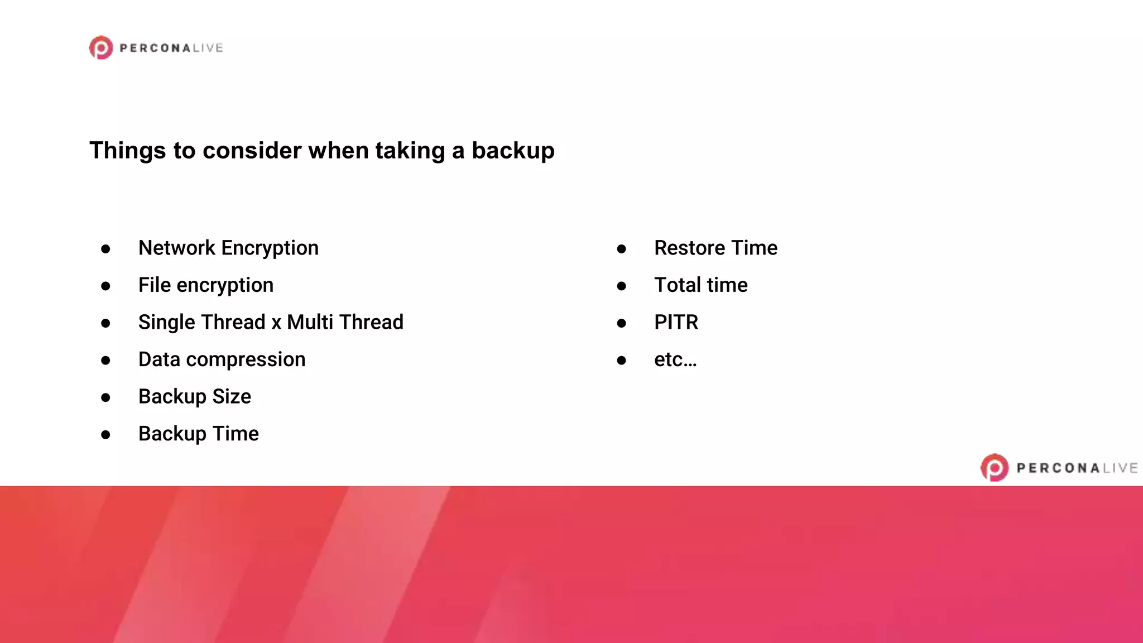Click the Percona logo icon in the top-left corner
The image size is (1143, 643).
101,48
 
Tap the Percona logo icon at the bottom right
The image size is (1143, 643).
995,468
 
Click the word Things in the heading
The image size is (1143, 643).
128,151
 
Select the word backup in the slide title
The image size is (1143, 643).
513,151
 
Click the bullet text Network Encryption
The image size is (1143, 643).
228,248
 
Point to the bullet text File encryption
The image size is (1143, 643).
206,285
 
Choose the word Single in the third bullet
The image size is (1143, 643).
167,323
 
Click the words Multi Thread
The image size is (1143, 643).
345,323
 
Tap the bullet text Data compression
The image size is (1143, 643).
222,359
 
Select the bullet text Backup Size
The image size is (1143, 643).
195,397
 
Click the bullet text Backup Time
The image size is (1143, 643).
199,434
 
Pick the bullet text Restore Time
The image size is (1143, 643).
715,248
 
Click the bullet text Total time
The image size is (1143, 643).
700,285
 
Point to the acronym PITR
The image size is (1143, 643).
676,323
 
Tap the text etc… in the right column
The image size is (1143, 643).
675,360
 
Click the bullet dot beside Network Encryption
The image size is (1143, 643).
105,249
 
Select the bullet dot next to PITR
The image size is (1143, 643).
621,323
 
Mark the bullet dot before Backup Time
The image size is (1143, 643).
105,435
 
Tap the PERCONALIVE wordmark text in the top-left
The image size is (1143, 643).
171,48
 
